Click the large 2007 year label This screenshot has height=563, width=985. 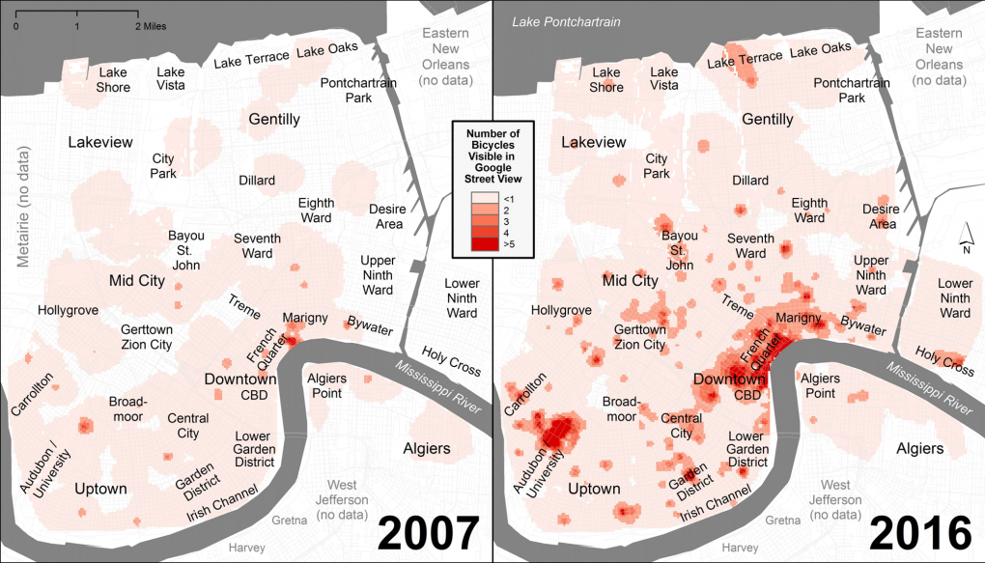coord(427,533)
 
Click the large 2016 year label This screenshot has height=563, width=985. coord(919,533)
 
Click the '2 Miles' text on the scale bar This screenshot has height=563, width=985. coord(151,26)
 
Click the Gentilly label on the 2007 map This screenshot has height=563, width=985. coord(274,120)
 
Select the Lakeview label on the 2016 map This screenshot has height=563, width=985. coord(593,142)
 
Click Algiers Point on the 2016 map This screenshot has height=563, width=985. coord(828,385)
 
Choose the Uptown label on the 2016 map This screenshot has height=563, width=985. coord(594,489)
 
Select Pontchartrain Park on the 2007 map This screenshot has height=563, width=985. coord(359,91)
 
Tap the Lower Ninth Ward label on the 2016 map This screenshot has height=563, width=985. coord(955,297)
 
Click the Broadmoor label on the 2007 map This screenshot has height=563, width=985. coord(127,408)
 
